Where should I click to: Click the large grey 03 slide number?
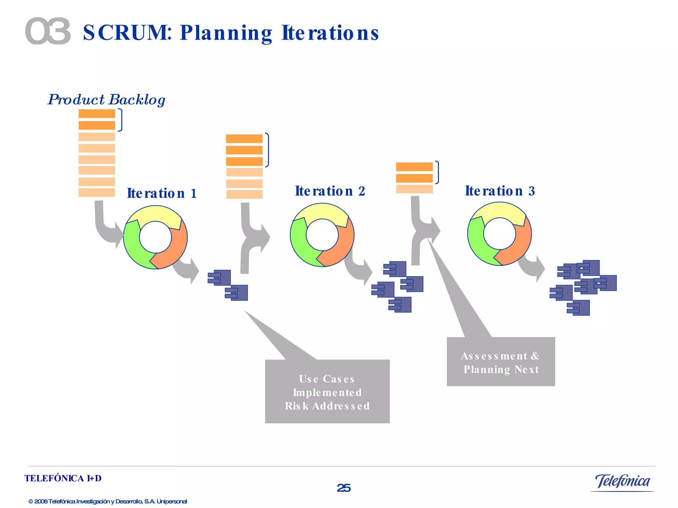(48, 31)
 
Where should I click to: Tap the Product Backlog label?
(106, 100)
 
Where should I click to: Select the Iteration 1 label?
(162, 193)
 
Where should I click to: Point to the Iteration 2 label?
(330, 191)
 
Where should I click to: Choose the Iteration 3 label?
(500, 191)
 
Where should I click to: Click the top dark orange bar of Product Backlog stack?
(97, 113)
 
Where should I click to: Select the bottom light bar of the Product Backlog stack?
(97, 192)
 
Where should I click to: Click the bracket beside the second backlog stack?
(267, 150)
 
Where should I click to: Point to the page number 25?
(344, 488)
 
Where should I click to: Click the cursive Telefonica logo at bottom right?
(622, 482)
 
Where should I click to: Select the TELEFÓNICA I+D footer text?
(63, 478)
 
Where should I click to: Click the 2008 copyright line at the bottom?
(108, 501)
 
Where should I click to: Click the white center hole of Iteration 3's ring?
(499, 234)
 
